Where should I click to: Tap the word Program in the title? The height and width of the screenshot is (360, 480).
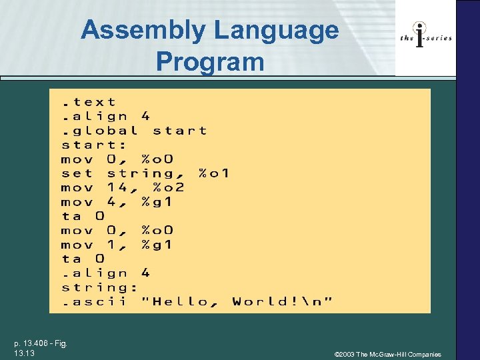(210, 62)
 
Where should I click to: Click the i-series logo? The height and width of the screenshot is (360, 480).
(425, 37)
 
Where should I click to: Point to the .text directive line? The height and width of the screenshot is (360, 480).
(89, 102)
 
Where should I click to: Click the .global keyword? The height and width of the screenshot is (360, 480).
(100, 131)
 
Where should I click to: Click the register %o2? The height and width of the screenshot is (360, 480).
(168, 187)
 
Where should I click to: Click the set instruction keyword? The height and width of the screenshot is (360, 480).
(77, 173)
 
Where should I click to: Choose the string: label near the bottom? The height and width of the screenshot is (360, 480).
(99, 287)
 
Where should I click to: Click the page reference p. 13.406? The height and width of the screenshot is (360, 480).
(40, 344)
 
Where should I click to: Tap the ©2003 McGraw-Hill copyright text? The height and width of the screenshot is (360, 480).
(387, 354)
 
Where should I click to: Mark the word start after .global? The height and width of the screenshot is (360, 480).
(179, 131)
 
